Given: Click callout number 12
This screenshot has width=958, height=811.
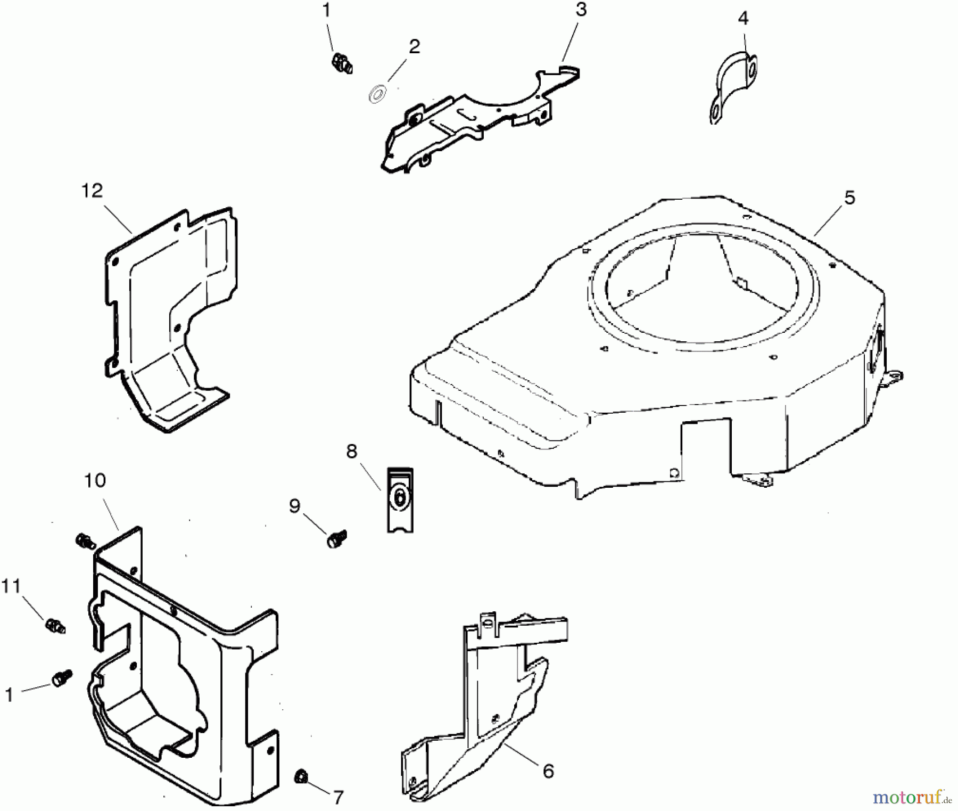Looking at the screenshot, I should point(92,190).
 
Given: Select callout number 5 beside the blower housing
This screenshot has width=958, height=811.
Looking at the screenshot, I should point(849,198).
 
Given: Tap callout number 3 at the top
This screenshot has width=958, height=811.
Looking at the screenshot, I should point(581,9).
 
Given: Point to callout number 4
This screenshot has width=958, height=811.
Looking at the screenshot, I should point(743,18).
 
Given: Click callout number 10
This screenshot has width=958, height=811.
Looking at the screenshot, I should point(95,480).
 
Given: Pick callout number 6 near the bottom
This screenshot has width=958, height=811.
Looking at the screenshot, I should point(548,771).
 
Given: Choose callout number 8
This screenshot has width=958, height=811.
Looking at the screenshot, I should point(351,452).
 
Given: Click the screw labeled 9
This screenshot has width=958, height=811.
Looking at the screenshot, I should point(336,539).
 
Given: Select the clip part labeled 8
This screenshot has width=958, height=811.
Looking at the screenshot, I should point(400,499).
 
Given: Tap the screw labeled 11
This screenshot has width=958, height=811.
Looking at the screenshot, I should point(55,625).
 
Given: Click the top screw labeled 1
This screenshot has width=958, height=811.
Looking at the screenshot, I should point(341,64).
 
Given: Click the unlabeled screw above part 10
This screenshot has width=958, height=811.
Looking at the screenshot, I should point(85,541).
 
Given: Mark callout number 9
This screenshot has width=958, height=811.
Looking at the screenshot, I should point(294,506).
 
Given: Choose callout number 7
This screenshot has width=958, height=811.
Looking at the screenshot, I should point(338,797).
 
